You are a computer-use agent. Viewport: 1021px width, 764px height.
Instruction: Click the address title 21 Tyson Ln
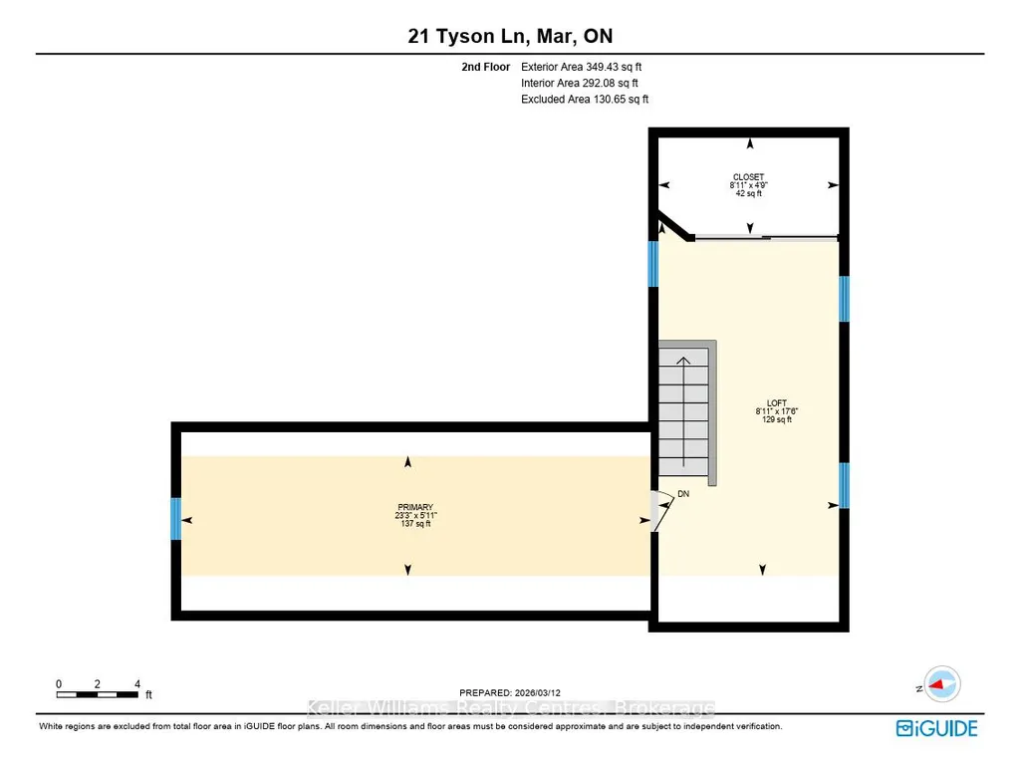(x=466, y=36)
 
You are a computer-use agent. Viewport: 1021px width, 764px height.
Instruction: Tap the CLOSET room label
(x=748, y=177)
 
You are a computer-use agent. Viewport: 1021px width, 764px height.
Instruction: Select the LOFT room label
(x=777, y=403)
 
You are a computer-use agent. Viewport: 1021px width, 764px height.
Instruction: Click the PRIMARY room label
(x=415, y=507)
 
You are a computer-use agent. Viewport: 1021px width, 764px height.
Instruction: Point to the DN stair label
(x=683, y=494)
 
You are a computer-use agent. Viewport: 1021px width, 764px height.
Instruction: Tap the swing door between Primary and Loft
(x=662, y=511)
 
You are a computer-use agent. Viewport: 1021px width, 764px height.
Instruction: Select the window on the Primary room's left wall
(x=175, y=518)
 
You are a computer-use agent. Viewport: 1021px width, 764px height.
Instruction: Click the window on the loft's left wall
(x=653, y=264)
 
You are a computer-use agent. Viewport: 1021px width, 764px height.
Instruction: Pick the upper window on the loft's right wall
(x=844, y=299)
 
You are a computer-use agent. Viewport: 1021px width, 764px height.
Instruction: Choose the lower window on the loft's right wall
(x=844, y=485)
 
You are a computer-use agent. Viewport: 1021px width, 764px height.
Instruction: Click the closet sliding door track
(x=766, y=238)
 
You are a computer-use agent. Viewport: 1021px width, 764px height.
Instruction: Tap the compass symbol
(x=941, y=684)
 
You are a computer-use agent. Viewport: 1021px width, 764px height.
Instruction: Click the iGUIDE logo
(x=937, y=728)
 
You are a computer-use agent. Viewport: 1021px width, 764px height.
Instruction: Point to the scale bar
(x=97, y=695)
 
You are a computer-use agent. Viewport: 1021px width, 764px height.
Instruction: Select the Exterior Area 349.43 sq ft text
(x=582, y=67)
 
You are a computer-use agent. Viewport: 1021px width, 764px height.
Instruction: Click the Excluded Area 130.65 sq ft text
(x=585, y=99)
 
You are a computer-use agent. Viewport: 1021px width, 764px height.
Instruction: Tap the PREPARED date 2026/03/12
(x=510, y=693)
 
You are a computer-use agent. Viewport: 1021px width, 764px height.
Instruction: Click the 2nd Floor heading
(x=486, y=67)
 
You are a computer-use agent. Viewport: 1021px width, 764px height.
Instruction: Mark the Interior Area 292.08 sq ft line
(x=580, y=83)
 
